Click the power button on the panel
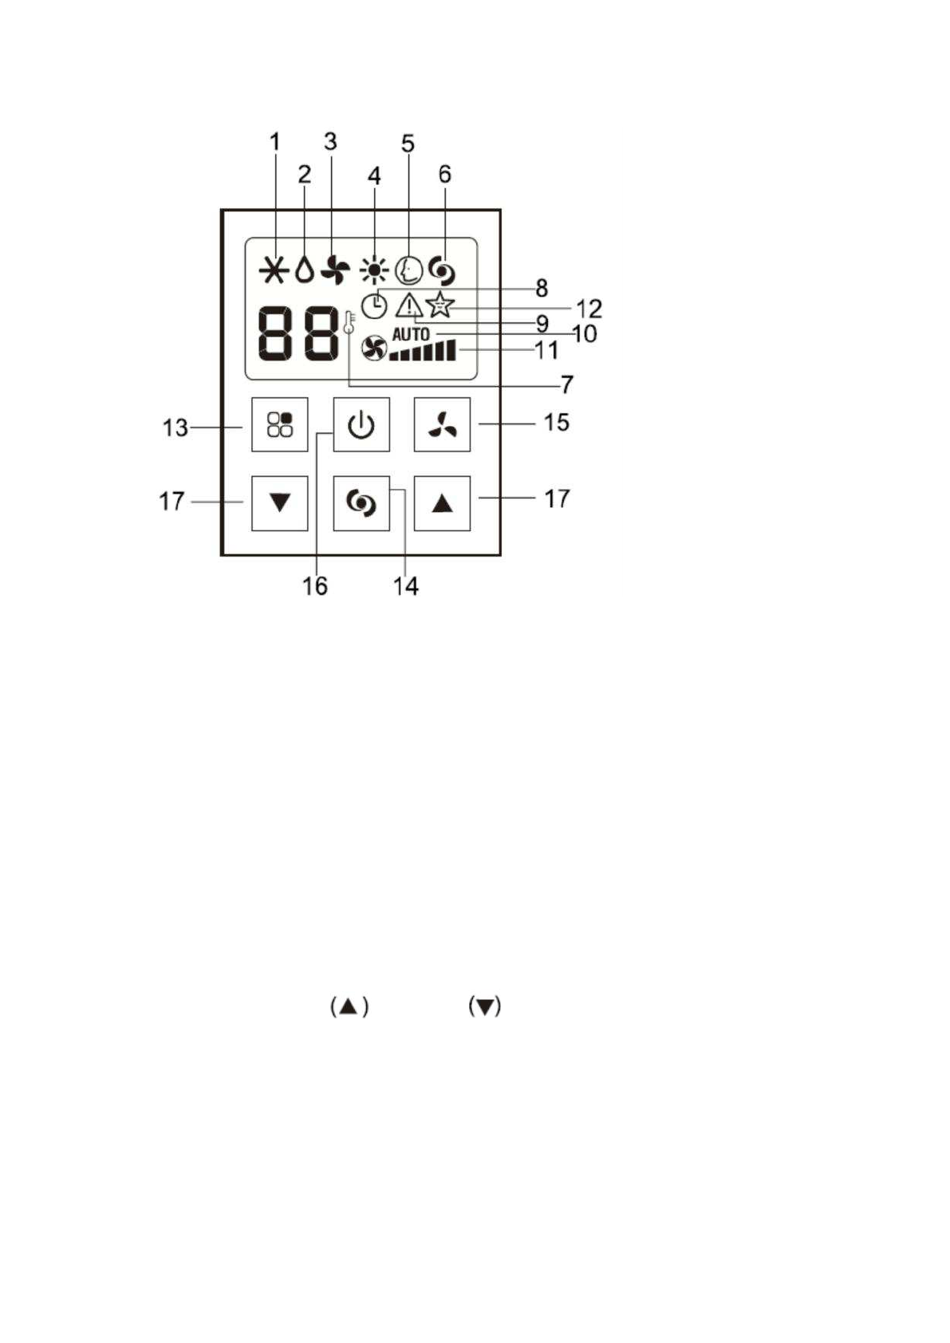click(361, 424)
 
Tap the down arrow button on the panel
click(279, 503)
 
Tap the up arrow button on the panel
click(442, 503)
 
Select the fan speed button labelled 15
click(442, 424)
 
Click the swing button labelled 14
click(361, 503)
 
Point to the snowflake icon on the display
click(274, 271)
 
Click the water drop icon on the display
click(304, 271)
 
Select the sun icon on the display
click(373, 271)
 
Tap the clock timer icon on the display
click(373, 305)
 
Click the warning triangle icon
click(409, 305)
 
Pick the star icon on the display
click(440, 305)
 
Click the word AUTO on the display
click(411, 334)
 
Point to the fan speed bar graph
click(424, 351)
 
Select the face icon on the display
click(408, 270)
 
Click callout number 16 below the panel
click(315, 586)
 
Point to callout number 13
click(175, 428)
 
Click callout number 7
click(566, 385)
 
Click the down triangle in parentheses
click(484, 1006)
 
